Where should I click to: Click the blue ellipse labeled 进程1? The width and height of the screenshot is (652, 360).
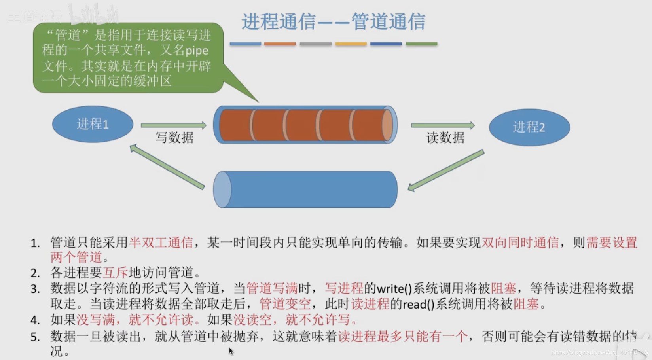93,124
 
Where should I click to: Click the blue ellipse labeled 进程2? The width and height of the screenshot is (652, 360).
529,127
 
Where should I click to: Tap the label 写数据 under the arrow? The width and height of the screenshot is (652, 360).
174,137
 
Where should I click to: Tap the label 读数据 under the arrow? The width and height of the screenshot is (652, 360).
445,138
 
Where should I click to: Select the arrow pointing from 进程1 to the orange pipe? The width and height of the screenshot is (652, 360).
173,125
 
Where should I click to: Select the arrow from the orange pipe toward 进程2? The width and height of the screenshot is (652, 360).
443,125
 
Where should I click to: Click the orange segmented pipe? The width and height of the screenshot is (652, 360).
305,125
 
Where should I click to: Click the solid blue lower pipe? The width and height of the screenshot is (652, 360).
305,189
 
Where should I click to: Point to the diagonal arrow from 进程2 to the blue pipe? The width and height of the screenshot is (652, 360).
446,171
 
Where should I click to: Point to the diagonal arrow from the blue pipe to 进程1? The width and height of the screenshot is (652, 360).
167,167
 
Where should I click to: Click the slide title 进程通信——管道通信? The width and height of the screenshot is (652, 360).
333,21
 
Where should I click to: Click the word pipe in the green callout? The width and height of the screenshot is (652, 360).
197,51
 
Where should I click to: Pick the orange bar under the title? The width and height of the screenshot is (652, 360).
280,44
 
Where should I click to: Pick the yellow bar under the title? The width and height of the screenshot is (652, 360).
351,44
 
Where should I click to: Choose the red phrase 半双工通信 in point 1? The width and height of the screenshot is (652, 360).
161,243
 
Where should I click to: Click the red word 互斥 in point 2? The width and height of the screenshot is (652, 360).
115,273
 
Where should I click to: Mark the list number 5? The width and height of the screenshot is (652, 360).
35,337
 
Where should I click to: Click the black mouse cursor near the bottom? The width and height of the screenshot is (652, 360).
231,351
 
